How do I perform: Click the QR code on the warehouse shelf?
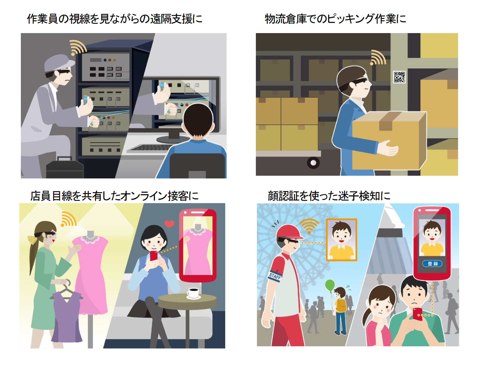pyautogui.click(x=399, y=77)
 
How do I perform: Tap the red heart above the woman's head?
pyautogui.click(x=169, y=224)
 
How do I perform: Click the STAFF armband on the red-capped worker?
pyautogui.click(x=275, y=276)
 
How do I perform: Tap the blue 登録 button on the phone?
pyautogui.click(x=432, y=264)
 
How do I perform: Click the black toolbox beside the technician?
pyautogui.click(x=65, y=168)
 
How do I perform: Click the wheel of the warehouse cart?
pyautogui.click(x=313, y=163)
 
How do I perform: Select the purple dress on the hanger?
pyautogui.click(x=67, y=316)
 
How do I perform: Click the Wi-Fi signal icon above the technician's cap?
pyautogui.click(x=78, y=48)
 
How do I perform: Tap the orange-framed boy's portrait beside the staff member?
pyautogui.click(x=342, y=240)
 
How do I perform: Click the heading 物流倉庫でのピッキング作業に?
pyautogui.click(x=335, y=19)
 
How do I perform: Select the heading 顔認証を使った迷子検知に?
pyautogui.click(x=329, y=196)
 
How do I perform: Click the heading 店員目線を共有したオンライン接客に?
pyautogui.click(x=114, y=196)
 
